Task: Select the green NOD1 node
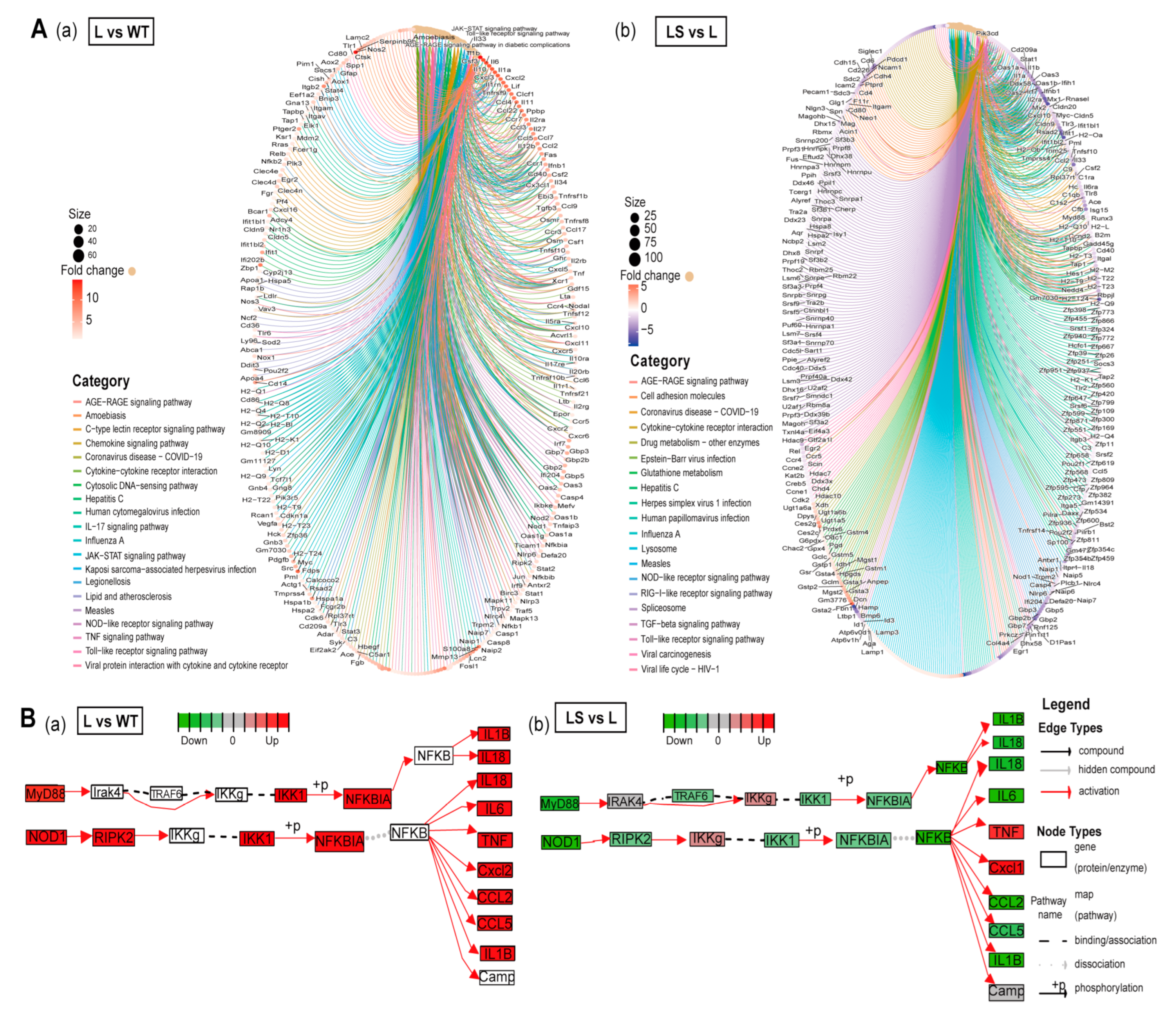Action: click(x=560, y=842)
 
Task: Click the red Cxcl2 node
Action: click(x=495, y=870)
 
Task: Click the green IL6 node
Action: click(x=1007, y=795)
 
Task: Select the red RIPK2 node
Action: click(x=114, y=837)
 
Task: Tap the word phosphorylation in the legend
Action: click(x=1108, y=988)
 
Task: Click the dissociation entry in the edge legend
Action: click(x=1099, y=964)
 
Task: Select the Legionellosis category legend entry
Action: click(x=108, y=582)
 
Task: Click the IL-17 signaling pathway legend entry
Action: click(x=127, y=527)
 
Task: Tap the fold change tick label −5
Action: click(x=647, y=329)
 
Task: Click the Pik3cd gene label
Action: click(x=987, y=33)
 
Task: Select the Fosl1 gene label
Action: click(x=468, y=666)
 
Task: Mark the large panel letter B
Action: click(x=28, y=718)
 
